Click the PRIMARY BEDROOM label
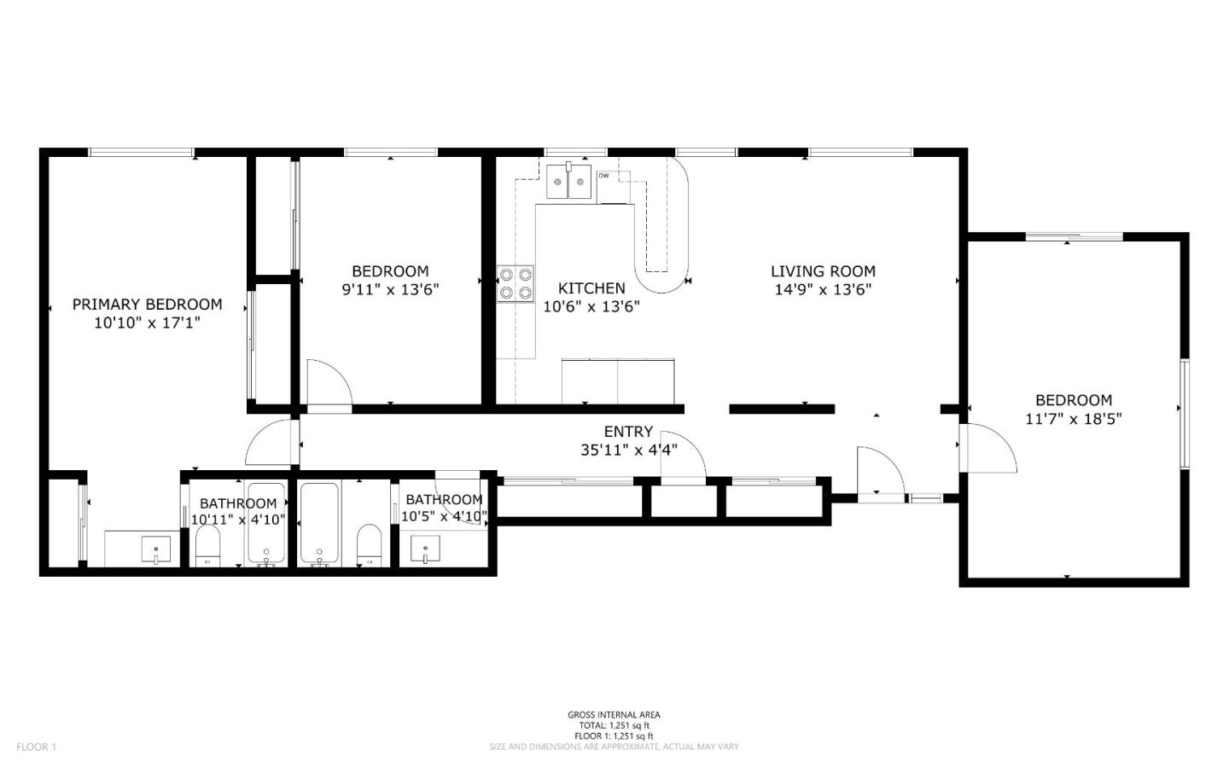147,305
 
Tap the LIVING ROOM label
823,271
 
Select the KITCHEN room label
591,288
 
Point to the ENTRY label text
628,431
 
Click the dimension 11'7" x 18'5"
1073,419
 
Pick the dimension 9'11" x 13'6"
391,289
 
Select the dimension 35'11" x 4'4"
629,450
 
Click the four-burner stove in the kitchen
515,283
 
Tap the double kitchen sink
568,181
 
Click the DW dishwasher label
603,176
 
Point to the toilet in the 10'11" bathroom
208,545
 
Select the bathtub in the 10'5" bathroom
319,524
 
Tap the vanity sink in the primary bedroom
156,549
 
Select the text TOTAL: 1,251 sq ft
614,725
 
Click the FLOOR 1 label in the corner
36,747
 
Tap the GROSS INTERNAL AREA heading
614,715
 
